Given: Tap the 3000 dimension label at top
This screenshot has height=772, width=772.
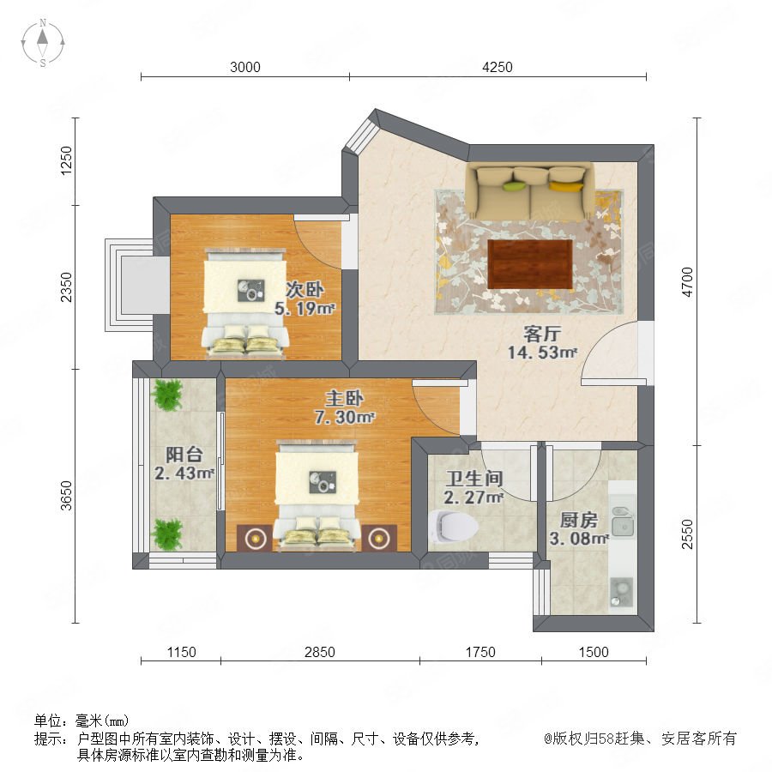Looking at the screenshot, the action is tap(245, 67).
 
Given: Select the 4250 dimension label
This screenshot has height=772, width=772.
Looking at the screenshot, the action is tap(498, 67).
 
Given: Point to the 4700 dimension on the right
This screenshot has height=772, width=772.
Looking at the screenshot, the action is tap(687, 281).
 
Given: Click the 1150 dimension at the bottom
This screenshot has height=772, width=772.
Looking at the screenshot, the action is tap(181, 652).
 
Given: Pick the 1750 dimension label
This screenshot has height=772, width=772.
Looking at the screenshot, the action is tap(480, 652).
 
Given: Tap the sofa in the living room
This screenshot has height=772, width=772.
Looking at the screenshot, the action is tap(530, 191).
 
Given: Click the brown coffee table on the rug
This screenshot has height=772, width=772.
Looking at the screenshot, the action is tap(530, 264).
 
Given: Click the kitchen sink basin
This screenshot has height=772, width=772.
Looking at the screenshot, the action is tap(624, 521).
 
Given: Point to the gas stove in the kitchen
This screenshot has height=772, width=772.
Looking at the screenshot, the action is tap(622, 592).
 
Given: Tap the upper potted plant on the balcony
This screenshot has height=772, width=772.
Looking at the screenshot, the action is tap(167, 394).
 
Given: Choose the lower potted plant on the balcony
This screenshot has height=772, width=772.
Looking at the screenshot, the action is tap(167, 534).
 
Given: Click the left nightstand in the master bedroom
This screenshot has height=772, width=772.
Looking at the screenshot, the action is tap(255, 538).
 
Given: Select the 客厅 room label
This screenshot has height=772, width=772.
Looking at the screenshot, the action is tap(542, 334).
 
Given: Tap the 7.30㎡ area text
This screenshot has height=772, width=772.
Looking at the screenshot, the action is tap(345, 418).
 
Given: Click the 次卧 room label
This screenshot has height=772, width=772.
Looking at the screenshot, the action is tap(305, 290).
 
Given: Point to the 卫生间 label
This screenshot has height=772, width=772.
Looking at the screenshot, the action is tap(474, 478).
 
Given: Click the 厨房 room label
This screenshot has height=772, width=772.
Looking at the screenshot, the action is tap(579, 520).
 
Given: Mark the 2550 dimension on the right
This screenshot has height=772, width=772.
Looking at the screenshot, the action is tap(687, 534).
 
